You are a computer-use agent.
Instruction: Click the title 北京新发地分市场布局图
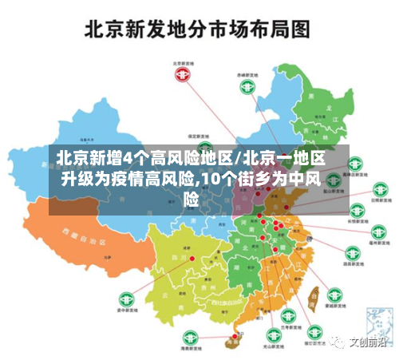coord(197,30)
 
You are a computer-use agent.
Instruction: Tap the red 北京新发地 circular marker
coord(184,73)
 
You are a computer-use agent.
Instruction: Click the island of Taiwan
coord(313,298)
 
